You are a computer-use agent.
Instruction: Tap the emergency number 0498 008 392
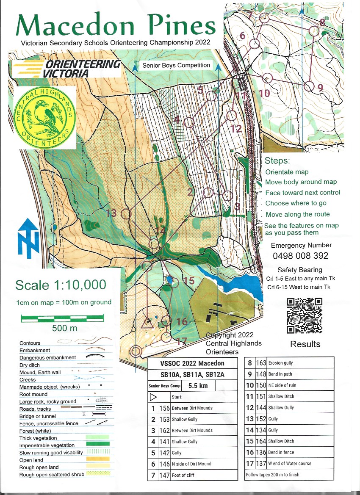[301, 256]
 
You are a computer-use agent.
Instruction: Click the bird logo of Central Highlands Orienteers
[44, 117]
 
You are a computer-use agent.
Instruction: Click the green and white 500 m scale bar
[62, 317]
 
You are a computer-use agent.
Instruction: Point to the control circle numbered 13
[126, 213]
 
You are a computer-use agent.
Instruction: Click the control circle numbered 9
[310, 87]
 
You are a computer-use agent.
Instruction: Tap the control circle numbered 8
[314, 31]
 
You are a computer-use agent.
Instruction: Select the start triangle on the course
[147, 324]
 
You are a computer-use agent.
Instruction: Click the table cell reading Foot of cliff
[204, 475]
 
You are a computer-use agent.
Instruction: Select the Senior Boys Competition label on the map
[176, 65]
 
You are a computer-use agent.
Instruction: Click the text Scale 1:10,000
[61, 285]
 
